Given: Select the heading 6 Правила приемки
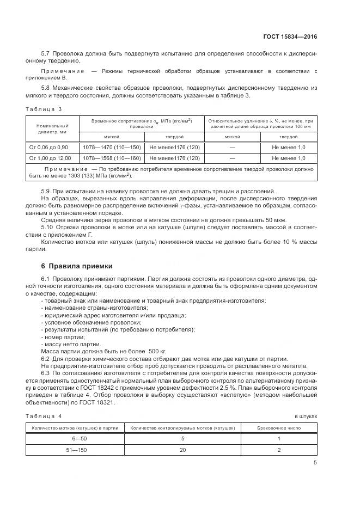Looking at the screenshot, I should [77, 266].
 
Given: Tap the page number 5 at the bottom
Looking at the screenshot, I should [315, 463].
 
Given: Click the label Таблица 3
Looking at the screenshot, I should [44, 109].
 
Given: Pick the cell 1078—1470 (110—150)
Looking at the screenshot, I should [111, 148].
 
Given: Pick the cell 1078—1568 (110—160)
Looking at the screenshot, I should [111, 158].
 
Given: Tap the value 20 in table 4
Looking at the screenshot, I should [182, 450].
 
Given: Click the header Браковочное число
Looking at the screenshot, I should [278, 427].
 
